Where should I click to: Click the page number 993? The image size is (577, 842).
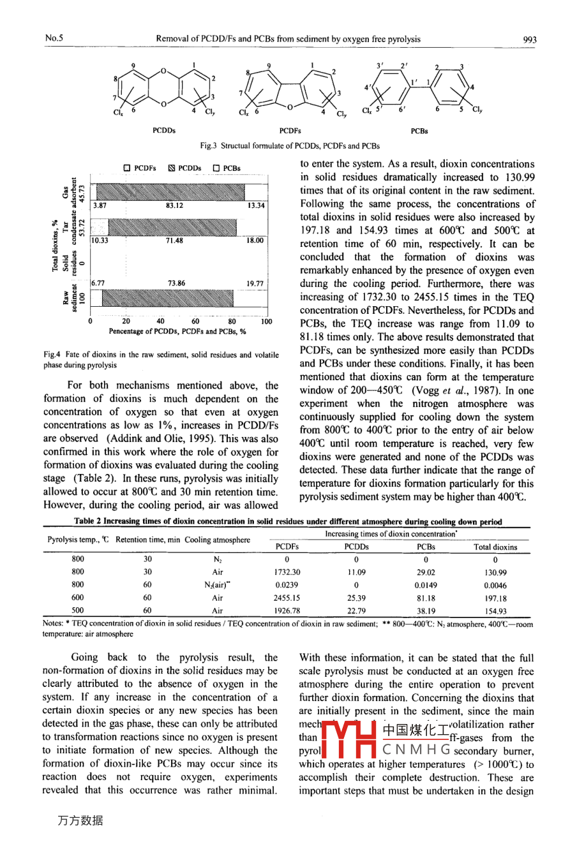[x=529, y=39]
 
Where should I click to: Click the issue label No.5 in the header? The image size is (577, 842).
[x=54, y=38]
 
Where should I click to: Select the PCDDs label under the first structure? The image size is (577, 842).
[x=164, y=131]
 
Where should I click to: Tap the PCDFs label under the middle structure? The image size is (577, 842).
[x=290, y=131]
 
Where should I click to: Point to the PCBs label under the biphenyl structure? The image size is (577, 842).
[x=419, y=131]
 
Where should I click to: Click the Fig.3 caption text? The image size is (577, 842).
[x=290, y=146]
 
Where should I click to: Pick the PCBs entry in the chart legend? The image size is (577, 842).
[x=227, y=168]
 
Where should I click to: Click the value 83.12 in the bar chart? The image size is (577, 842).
[x=174, y=206]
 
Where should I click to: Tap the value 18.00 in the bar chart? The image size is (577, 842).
[x=255, y=240]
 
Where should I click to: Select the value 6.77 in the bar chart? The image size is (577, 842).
[x=98, y=283]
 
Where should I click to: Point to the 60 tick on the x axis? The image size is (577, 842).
[x=196, y=321]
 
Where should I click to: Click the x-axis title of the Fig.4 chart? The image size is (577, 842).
[x=177, y=332]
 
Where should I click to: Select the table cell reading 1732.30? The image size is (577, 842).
[x=287, y=572]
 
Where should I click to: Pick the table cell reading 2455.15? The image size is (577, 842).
[x=287, y=598]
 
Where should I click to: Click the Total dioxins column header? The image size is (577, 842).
[x=495, y=547]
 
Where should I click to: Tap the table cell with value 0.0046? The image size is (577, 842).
[x=495, y=585]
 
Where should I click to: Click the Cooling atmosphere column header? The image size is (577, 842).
[x=218, y=540]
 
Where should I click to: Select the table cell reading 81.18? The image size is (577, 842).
[x=426, y=598]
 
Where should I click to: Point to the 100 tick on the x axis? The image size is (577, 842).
[x=267, y=321]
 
